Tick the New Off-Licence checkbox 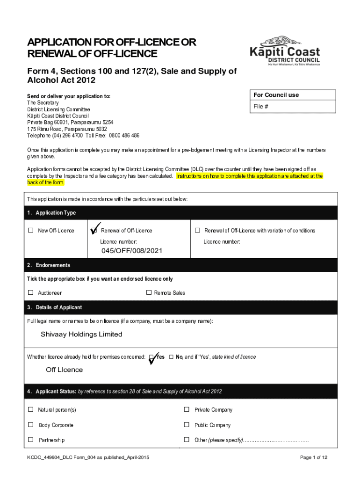point(31,230)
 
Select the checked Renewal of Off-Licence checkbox point(94,230)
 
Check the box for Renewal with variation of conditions point(197,230)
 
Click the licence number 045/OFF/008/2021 point(132,251)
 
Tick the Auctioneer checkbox point(31,292)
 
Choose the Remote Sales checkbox point(149,292)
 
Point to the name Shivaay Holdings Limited point(81,334)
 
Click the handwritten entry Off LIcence point(64,370)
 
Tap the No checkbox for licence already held point(171,357)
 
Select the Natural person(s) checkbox point(31,409)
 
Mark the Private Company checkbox point(187,409)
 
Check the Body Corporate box point(31,425)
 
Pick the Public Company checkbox point(187,425)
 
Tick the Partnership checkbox point(31,440)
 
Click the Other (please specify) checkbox point(187,440)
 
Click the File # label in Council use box point(261,107)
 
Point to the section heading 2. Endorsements point(49,265)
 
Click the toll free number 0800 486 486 point(124,136)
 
